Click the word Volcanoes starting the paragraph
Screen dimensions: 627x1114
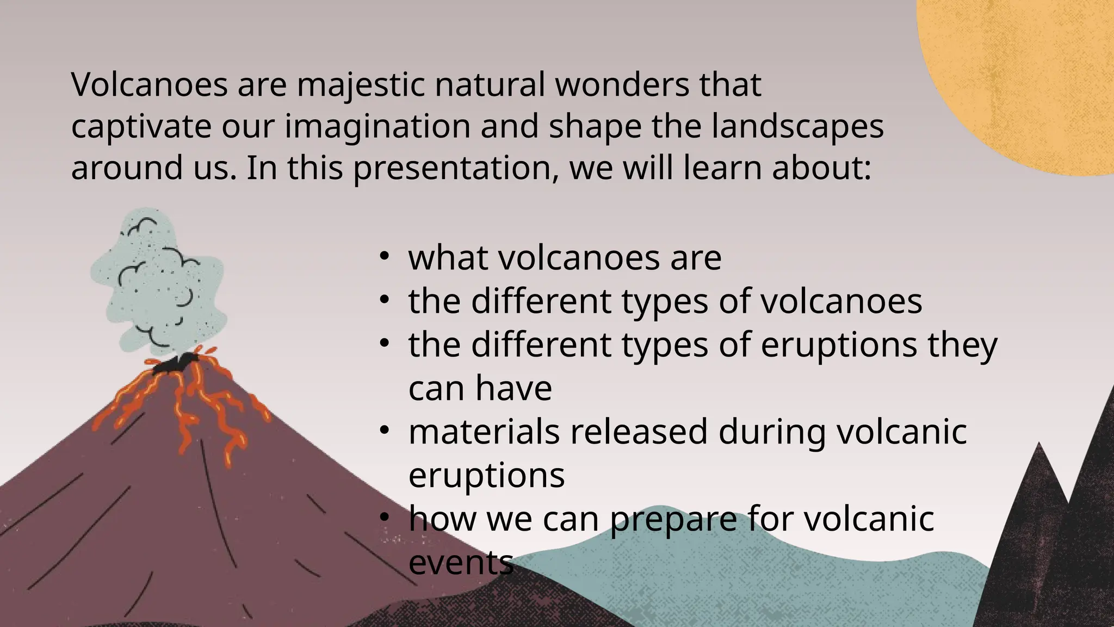(x=149, y=85)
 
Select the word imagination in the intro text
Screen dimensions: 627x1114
(x=377, y=127)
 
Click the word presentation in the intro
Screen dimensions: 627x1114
(x=456, y=168)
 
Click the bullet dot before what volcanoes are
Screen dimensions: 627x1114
(x=384, y=256)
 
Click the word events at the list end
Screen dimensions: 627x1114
(x=461, y=563)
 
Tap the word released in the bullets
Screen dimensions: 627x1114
(x=639, y=432)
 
